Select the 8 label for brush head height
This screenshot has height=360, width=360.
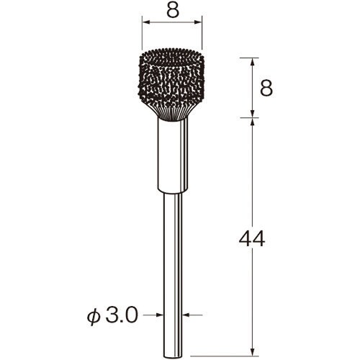(x=266, y=88)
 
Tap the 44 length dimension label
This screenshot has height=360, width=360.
(x=252, y=239)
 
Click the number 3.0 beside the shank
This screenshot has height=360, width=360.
(x=122, y=315)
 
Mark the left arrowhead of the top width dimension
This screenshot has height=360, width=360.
(x=146, y=22)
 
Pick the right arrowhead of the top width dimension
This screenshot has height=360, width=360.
(x=197, y=22)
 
